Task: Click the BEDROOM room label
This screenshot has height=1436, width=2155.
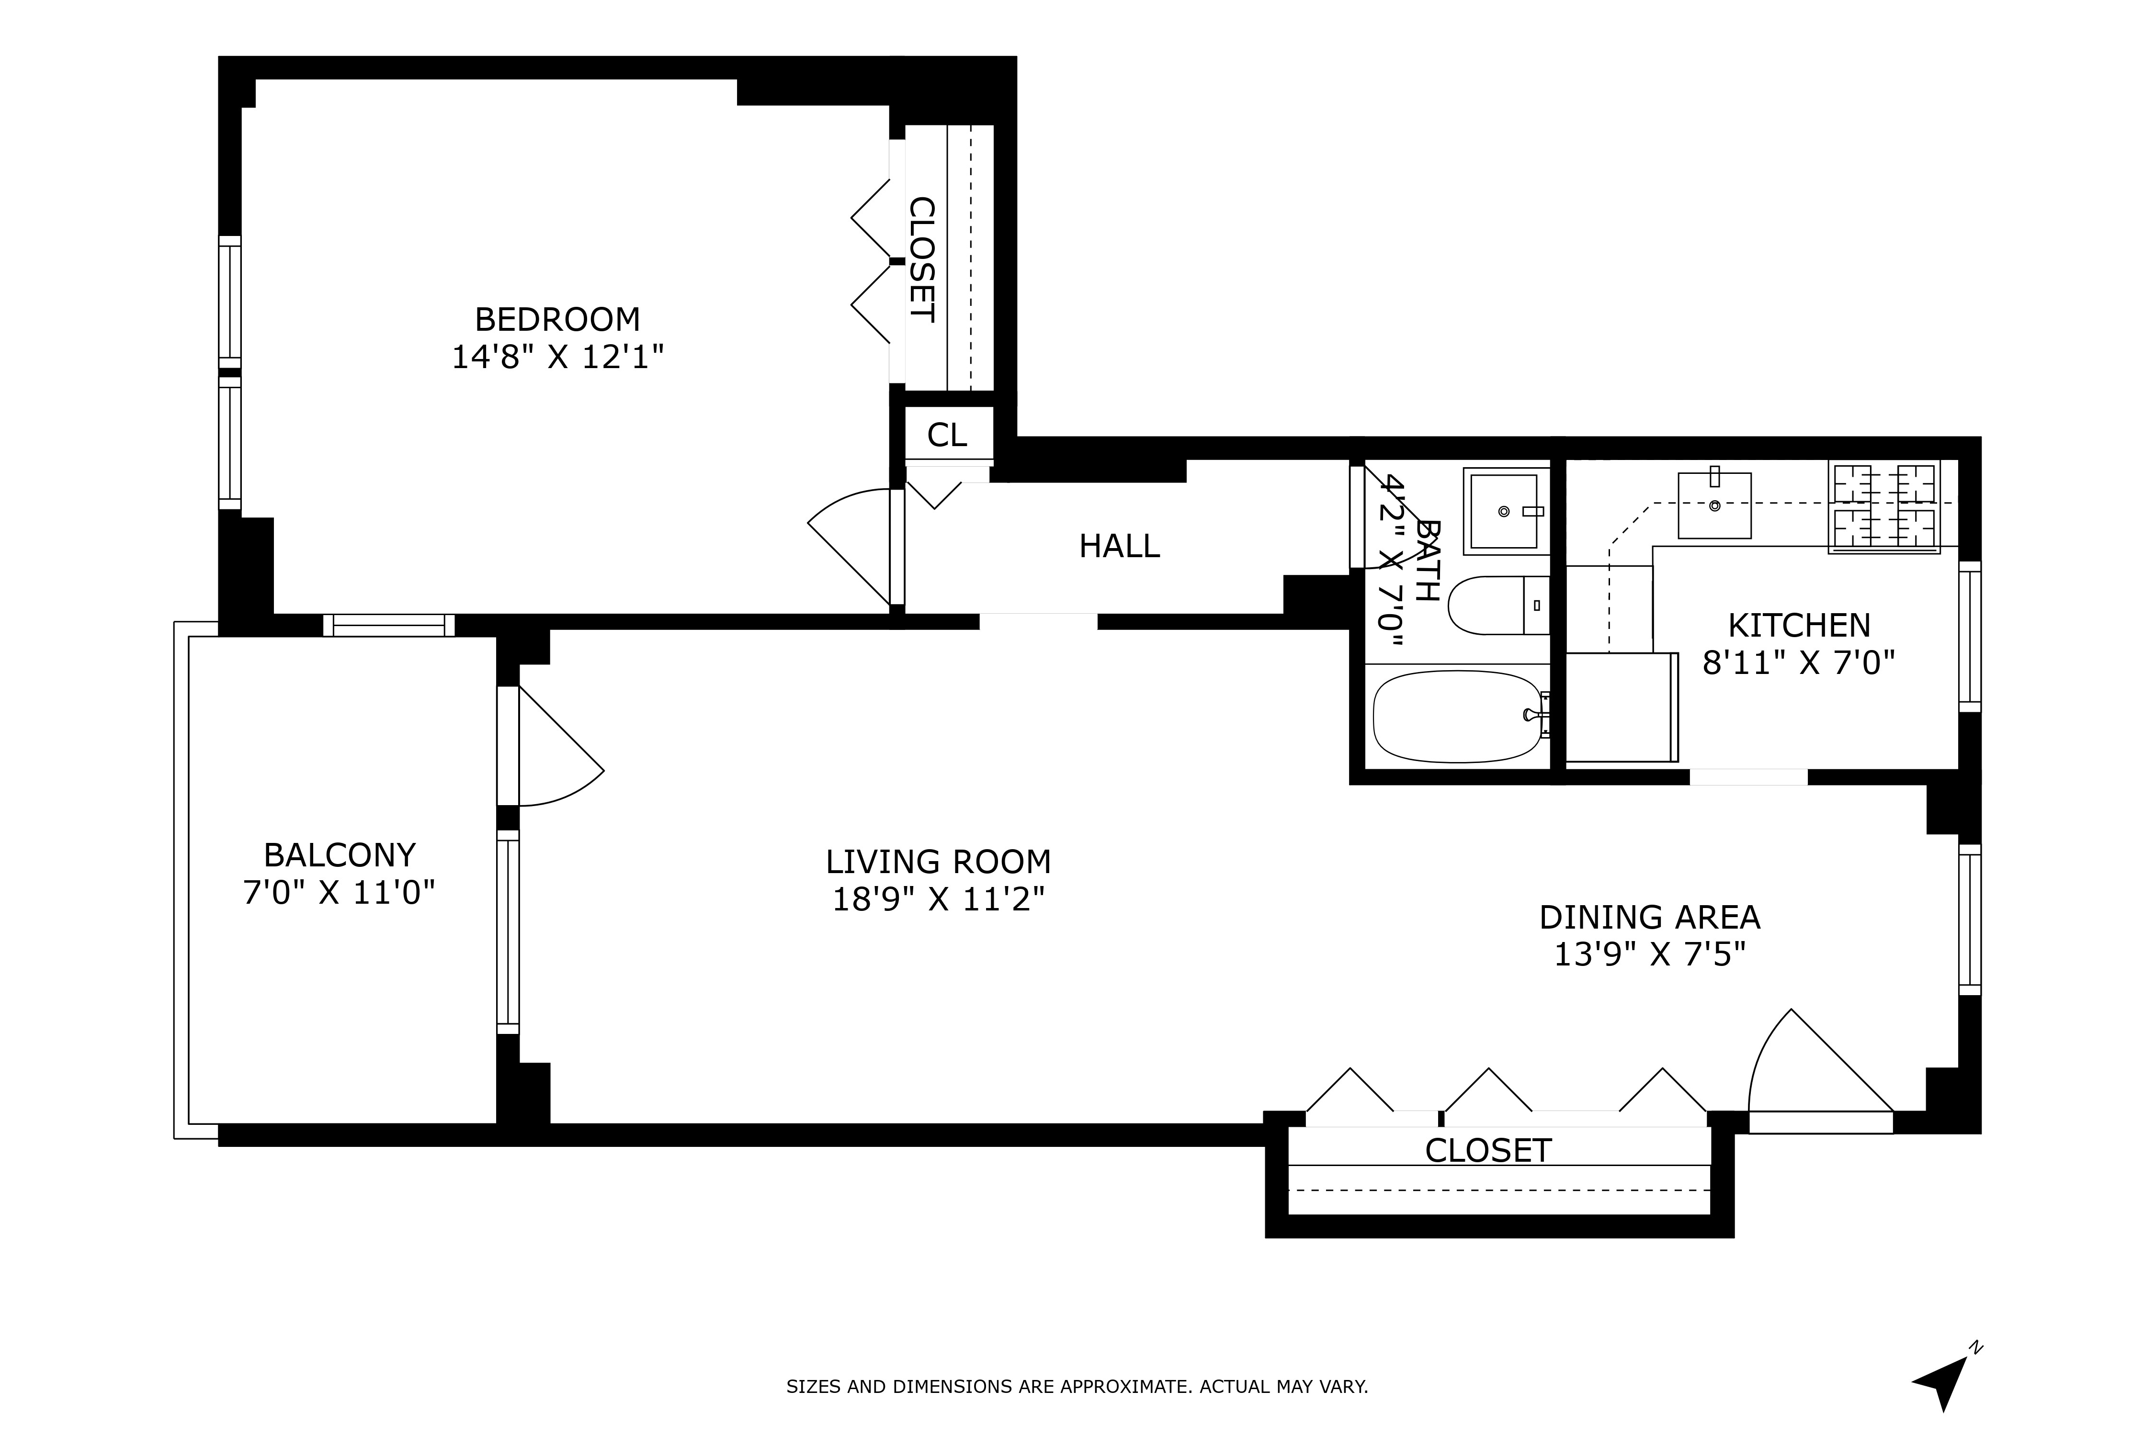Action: (x=557, y=320)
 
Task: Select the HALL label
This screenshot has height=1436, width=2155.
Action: (x=1119, y=547)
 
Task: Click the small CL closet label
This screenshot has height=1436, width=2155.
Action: (x=946, y=435)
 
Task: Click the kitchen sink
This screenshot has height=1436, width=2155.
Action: (x=1714, y=505)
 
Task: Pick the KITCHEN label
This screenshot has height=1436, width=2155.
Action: (x=1799, y=626)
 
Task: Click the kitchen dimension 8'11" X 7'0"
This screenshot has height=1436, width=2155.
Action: (x=1799, y=662)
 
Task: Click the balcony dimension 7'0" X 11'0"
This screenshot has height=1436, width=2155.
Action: (x=339, y=892)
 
